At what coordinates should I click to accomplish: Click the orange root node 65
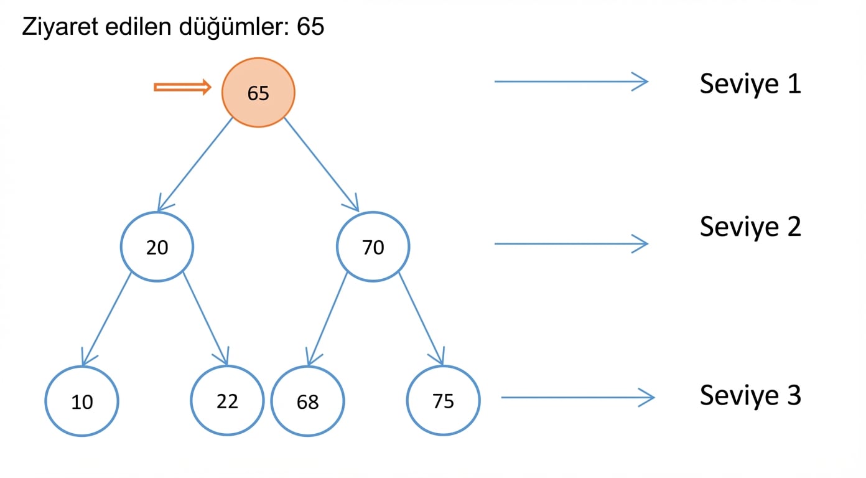pos(258,93)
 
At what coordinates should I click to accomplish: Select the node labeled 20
pos(157,246)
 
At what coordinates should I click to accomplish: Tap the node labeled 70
pos(373,246)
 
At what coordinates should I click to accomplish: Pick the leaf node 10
pos(82,401)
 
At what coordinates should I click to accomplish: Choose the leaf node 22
pos(227,401)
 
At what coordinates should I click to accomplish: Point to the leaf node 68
pos(308,401)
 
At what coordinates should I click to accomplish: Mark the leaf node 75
pos(444,401)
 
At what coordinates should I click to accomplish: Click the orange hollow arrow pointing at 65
pos(182,87)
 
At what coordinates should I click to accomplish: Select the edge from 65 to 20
pos(195,165)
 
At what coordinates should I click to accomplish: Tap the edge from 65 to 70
pos(322,165)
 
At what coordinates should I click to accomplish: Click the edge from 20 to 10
pos(106,319)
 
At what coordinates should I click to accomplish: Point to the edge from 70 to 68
pos(327,319)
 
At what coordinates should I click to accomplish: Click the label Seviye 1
pos(750,84)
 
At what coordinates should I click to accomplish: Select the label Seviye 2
pos(750,227)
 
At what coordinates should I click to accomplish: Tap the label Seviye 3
pos(750,396)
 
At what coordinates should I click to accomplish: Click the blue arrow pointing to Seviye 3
pos(577,398)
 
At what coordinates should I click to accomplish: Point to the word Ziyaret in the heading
pos(60,27)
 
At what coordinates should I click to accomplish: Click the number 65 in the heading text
pos(310,27)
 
